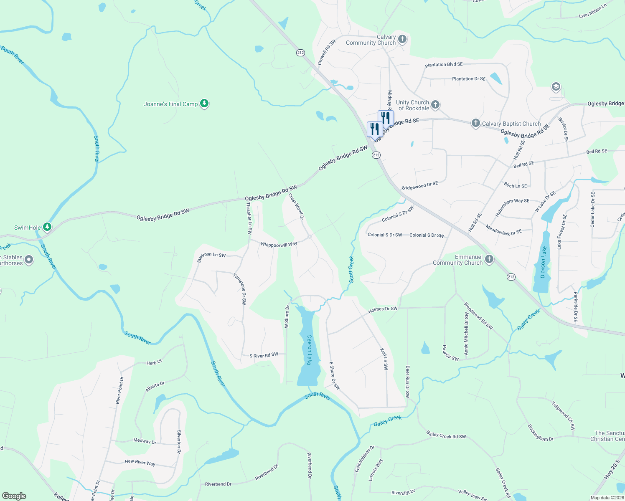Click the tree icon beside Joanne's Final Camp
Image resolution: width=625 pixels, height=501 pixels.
204,103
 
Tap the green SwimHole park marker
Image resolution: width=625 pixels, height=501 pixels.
48,227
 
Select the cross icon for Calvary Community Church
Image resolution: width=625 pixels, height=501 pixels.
402,39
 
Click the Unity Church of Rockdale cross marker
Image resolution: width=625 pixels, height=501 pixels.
435,105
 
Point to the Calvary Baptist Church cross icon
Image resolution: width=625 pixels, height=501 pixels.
475,123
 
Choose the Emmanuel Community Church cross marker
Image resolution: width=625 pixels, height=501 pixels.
489,259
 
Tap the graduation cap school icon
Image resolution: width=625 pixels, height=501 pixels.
556,87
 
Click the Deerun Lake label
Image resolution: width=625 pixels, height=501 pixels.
310,350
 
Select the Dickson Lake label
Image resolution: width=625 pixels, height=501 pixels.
543,262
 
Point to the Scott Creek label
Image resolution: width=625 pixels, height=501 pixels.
351,269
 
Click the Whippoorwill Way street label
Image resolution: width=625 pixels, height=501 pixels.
279,245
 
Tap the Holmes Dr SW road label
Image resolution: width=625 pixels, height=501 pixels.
383,309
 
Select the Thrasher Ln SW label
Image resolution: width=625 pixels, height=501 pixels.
249,218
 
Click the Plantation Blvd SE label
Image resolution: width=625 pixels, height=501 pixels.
444,65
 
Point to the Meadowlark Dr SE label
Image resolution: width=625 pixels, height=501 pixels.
503,230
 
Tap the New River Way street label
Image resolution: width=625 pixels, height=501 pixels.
140,462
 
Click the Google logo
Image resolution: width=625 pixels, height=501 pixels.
14,496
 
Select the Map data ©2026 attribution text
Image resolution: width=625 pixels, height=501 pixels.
607,498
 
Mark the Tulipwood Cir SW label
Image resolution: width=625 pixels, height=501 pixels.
563,416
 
